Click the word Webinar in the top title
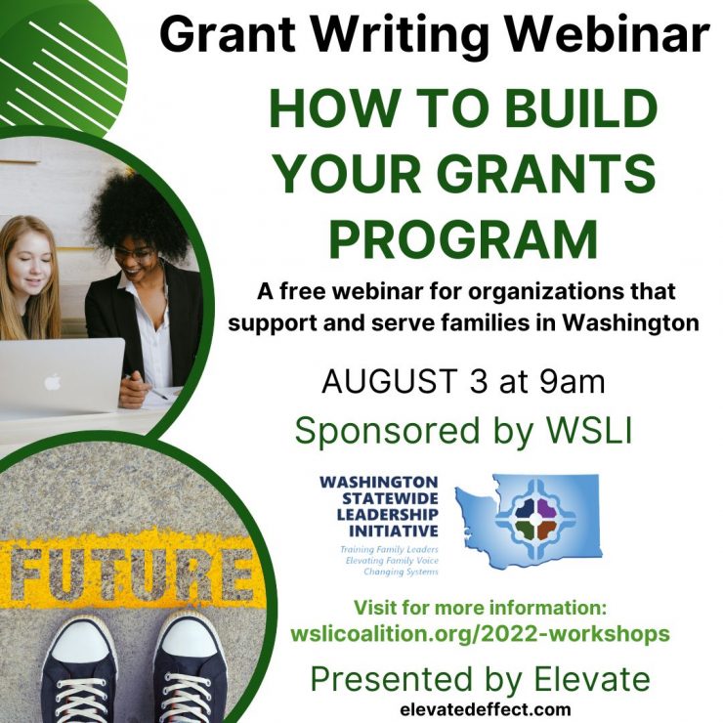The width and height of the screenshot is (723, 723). [611, 34]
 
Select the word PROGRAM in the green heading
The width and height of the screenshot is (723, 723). [463, 239]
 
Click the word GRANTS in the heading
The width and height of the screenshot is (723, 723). [546, 174]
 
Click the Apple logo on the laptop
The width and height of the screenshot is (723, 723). [53, 381]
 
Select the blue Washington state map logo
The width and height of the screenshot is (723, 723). [529, 521]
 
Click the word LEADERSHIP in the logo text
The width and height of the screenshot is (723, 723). [387, 514]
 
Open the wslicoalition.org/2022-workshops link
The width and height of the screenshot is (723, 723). [480, 634]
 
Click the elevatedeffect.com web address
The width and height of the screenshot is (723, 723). [486, 708]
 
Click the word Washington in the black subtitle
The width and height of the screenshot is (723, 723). [630, 323]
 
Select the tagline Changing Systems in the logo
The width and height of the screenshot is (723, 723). [401, 572]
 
